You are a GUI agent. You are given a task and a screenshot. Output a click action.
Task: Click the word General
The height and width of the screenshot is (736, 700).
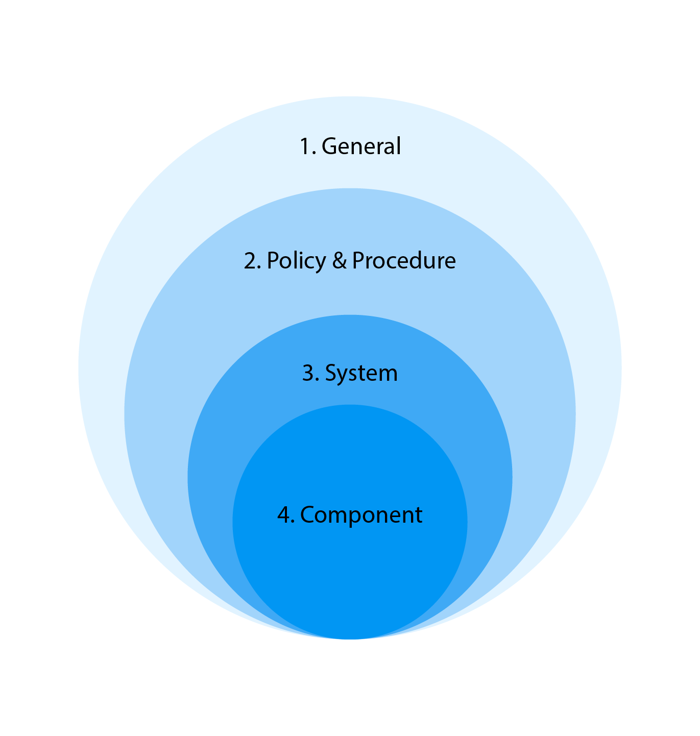click(x=361, y=146)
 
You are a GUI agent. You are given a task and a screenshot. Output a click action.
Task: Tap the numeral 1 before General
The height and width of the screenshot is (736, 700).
click(x=304, y=146)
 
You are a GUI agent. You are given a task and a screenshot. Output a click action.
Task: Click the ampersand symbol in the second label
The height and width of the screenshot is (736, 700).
click(x=340, y=260)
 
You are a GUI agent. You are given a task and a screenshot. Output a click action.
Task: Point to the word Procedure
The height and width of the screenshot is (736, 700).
click(x=404, y=260)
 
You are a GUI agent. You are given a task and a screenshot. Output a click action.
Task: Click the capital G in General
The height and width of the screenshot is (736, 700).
click(x=330, y=146)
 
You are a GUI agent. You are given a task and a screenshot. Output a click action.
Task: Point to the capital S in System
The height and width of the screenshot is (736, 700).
click(x=331, y=373)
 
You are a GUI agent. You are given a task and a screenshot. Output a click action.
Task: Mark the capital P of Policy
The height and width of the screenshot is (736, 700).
click(x=273, y=260)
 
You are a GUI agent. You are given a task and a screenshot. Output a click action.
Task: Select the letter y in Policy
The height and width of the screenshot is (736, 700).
click(x=320, y=264)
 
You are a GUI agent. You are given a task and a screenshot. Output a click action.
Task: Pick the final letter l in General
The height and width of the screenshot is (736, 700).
click(x=399, y=145)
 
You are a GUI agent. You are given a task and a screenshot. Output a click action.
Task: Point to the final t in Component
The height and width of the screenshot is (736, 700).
click(x=418, y=516)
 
